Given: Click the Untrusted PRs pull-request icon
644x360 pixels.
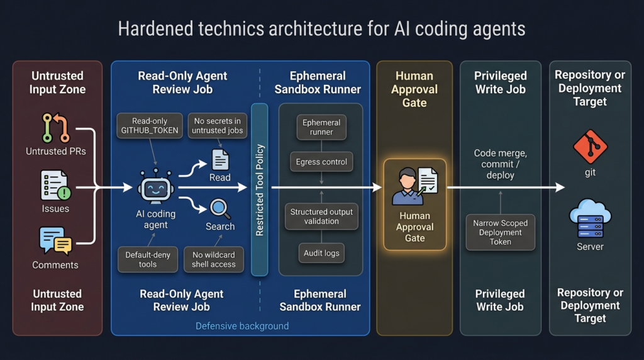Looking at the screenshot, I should tap(55, 127).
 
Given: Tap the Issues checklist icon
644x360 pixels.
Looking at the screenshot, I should tap(55, 185).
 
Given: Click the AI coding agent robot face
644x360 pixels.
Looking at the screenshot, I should tap(156, 188).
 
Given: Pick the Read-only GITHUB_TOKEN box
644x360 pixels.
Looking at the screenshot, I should tap(150, 126).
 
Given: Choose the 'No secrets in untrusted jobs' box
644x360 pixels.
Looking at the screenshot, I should tap(218, 126).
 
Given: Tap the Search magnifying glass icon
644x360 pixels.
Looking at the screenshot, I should tap(220, 208).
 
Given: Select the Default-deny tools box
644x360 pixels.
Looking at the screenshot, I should tap(148, 259).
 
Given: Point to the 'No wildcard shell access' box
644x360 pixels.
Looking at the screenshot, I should tap(214, 259).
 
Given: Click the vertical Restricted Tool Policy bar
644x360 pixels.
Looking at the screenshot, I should tap(260, 190).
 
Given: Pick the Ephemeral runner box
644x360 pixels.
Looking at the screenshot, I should tap(321, 127).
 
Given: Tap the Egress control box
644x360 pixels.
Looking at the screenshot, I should tap(321, 162).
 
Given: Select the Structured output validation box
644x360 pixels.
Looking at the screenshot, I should tap(321, 217).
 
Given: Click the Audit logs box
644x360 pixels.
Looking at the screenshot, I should tap(321, 253).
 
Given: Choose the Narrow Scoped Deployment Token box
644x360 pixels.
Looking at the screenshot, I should tap(501, 232).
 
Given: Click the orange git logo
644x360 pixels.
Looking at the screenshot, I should tap(590, 147).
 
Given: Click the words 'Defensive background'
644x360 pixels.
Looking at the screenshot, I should tap(242, 326).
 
